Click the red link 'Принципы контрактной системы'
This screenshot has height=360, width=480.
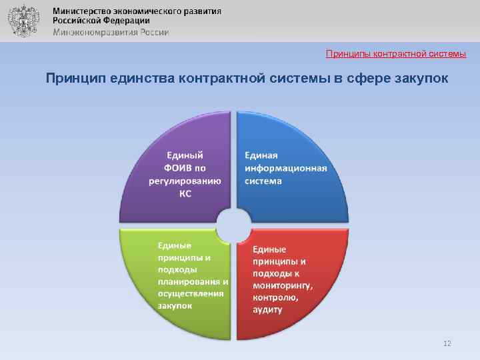pos(396,53)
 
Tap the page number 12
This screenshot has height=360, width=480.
pos(447,343)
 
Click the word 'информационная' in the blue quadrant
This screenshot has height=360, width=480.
pos(285,167)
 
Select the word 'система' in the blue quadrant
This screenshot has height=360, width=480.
pos(263,181)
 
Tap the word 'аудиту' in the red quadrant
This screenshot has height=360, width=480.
pos(267,310)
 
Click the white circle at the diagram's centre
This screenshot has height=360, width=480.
pos(233,223)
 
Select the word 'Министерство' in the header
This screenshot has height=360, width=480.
pos(82,11)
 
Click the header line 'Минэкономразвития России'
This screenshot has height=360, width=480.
pos(111,31)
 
